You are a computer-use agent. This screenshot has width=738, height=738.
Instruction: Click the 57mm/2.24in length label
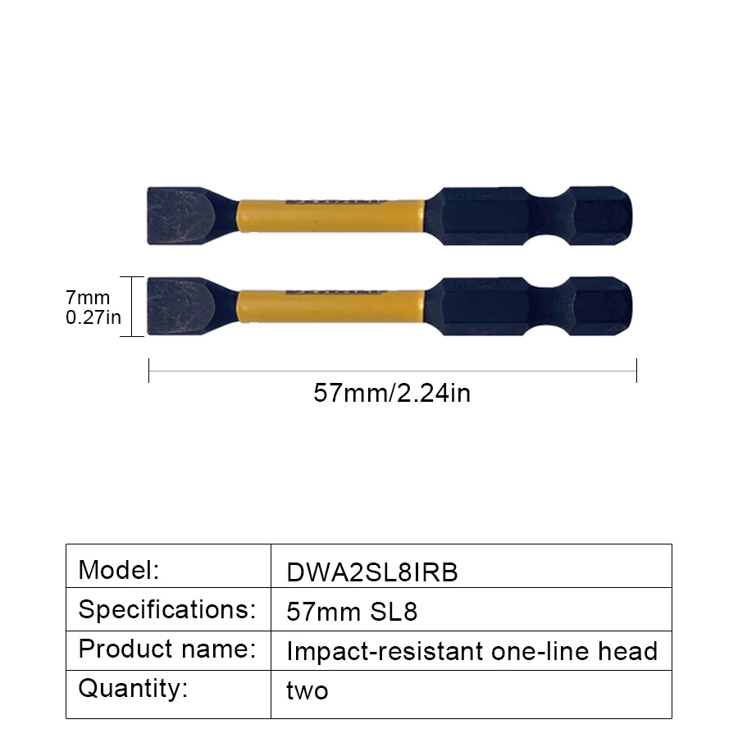tap(392, 394)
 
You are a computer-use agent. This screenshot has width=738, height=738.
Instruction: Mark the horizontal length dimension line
tap(392, 371)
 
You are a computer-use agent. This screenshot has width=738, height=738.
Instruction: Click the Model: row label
tap(118, 569)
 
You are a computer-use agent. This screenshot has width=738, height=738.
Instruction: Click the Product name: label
tap(166, 649)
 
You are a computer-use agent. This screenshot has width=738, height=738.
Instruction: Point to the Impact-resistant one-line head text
tap(471, 652)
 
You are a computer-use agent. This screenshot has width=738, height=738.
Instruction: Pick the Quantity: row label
tap(133, 688)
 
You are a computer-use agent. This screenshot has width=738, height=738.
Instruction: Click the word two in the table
tap(307, 691)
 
